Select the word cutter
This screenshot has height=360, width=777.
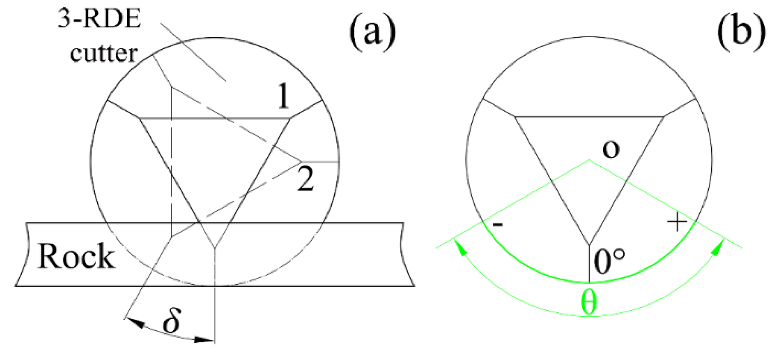(x=104, y=53)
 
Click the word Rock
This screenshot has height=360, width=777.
(x=76, y=257)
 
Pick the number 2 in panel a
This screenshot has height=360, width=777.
(x=305, y=180)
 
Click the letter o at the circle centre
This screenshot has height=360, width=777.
(x=610, y=149)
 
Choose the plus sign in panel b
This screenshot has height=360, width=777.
(x=677, y=222)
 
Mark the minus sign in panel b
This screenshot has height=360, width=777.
(x=498, y=225)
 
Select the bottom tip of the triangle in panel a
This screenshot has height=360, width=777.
(x=215, y=247)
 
